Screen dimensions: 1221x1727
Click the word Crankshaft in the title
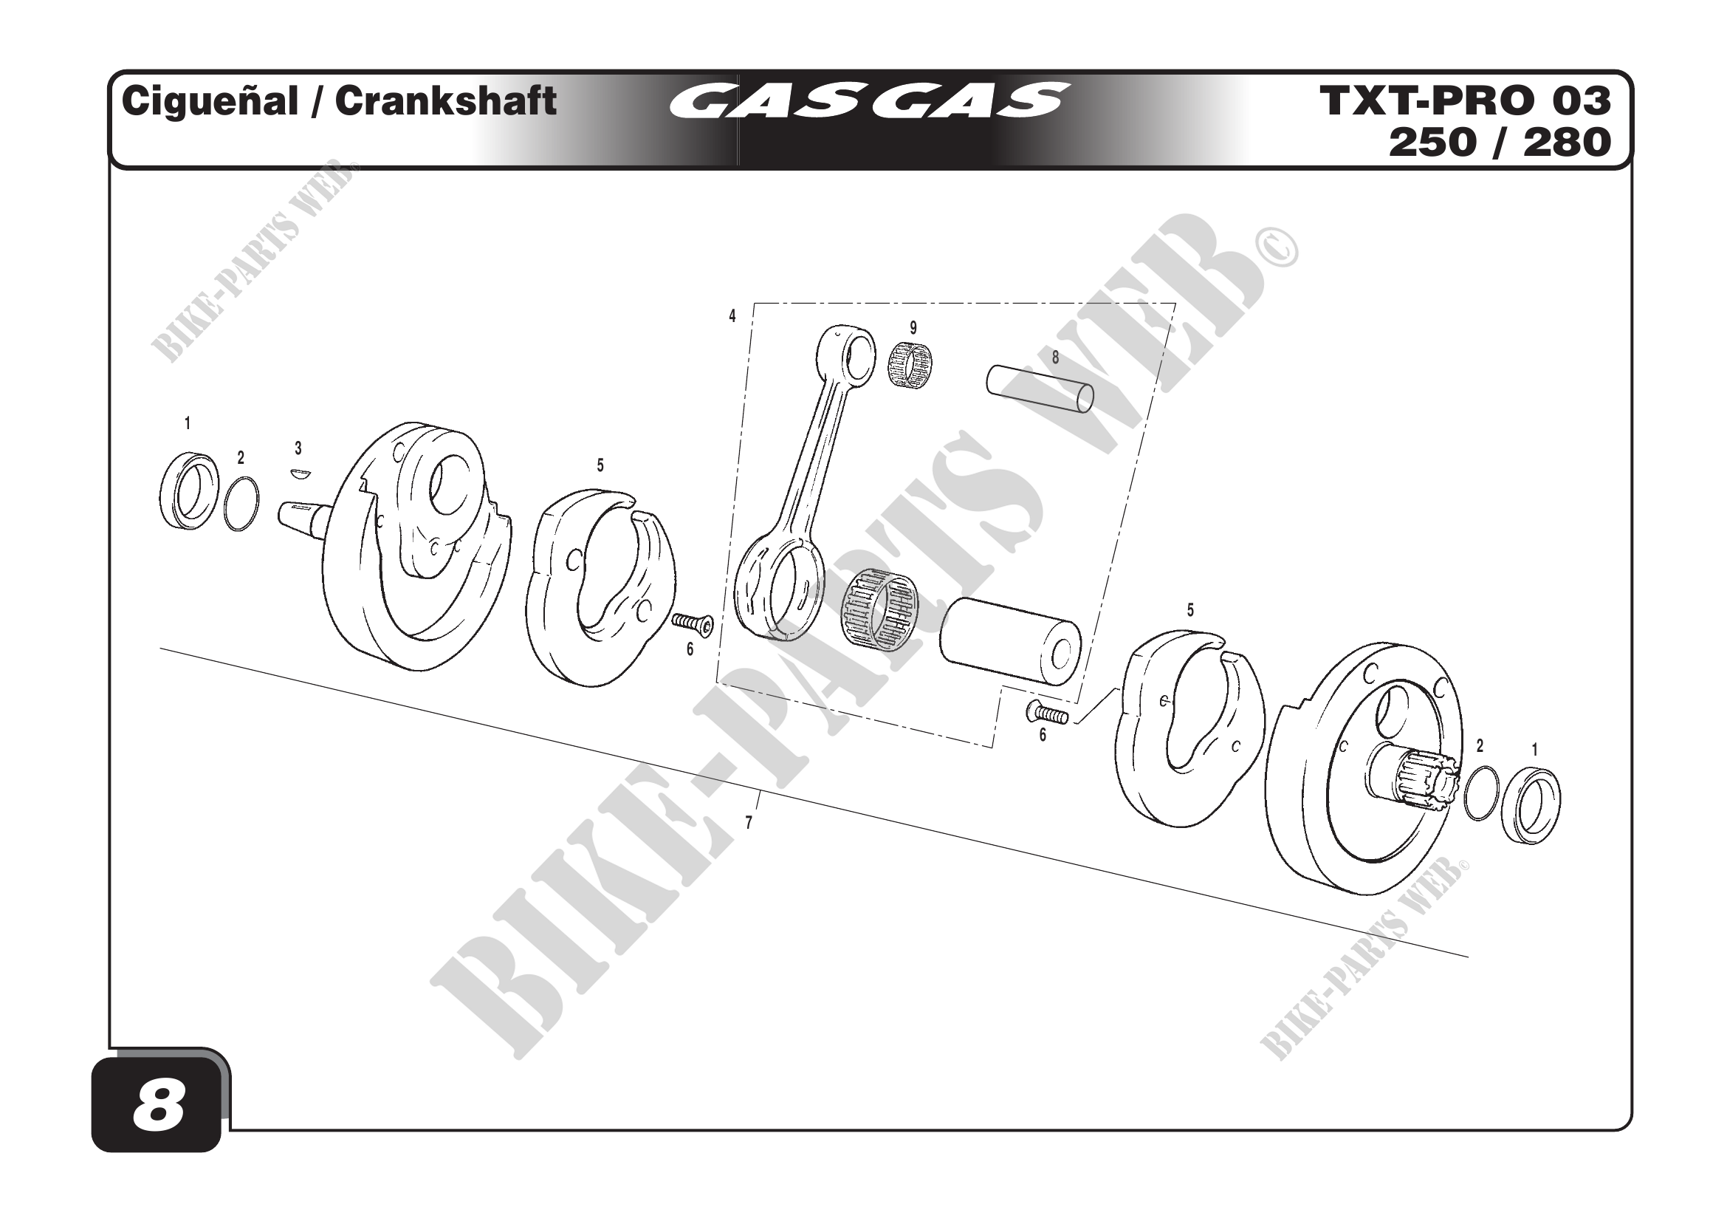point(445,101)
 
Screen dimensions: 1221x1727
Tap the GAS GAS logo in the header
point(869,101)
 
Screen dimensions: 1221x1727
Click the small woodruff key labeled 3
point(299,474)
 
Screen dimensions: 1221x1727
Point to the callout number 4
point(732,316)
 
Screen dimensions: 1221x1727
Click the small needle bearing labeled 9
point(910,366)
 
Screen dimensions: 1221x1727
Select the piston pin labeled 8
point(1040,389)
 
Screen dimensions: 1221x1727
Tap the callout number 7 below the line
point(749,823)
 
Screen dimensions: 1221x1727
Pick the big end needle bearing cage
point(879,608)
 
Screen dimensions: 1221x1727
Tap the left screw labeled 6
point(692,622)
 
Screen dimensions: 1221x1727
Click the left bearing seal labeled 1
point(189,490)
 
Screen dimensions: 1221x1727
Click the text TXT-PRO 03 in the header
point(1464,101)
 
